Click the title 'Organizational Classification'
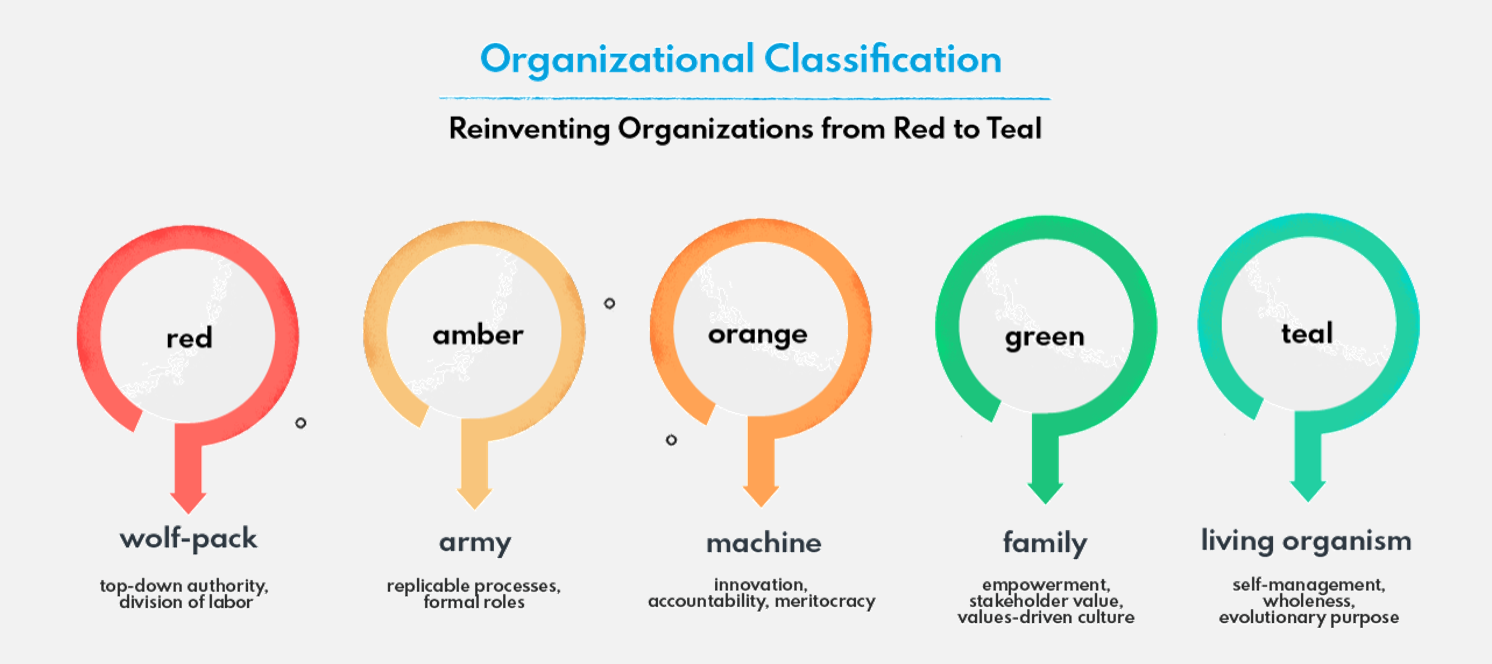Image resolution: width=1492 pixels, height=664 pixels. coord(741,60)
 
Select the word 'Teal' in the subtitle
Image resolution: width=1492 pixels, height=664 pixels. coord(1014,128)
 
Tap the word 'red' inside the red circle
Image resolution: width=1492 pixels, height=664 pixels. coord(189,338)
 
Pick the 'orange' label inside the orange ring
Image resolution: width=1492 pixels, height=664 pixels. coord(758,335)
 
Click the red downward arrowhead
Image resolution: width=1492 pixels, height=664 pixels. coord(188,503)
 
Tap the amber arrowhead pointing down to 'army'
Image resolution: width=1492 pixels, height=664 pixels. coord(474,499)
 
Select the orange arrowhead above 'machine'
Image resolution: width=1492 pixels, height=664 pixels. coord(761,497)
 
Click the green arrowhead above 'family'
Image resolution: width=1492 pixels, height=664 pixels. coord(1045,493)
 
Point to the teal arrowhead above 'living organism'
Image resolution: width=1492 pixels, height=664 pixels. coord(1308,491)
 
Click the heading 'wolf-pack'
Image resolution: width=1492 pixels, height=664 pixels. coord(188,539)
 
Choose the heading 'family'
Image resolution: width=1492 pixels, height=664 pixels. coord(1045,543)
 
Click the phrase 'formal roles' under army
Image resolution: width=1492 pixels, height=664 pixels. coord(474,602)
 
